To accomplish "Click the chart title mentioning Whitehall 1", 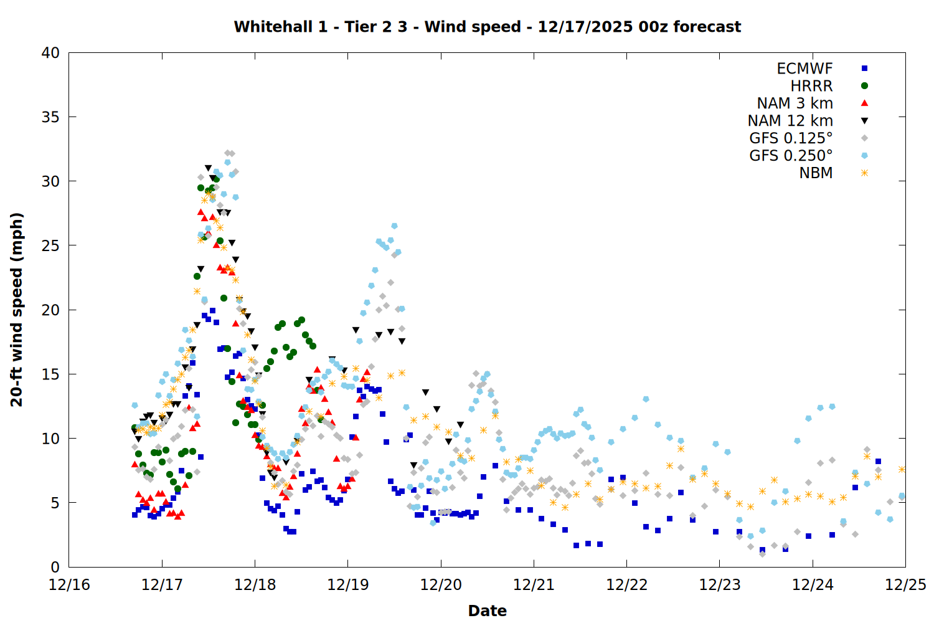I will [487, 27].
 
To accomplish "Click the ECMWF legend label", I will [804, 69].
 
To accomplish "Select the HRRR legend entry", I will [811, 86].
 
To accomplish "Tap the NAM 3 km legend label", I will [795, 103].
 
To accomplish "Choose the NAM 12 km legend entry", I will [790, 121].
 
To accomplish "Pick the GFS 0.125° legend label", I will [791, 138].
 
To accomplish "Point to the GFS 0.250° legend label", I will [791, 156].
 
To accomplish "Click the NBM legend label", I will [816, 173].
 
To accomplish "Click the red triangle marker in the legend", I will [864, 103].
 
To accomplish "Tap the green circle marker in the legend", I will [864, 86].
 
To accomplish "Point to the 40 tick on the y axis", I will [50, 53].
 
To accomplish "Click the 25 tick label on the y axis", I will [50, 245].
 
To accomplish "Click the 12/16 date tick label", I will [69, 585].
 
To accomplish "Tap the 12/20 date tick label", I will [441, 585].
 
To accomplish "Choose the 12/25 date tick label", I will [905, 585].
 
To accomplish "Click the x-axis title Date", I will [487, 611].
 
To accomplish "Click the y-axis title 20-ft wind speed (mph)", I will [17, 310].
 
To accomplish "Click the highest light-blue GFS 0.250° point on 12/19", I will [394, 226].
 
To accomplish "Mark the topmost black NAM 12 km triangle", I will [208, 168].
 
